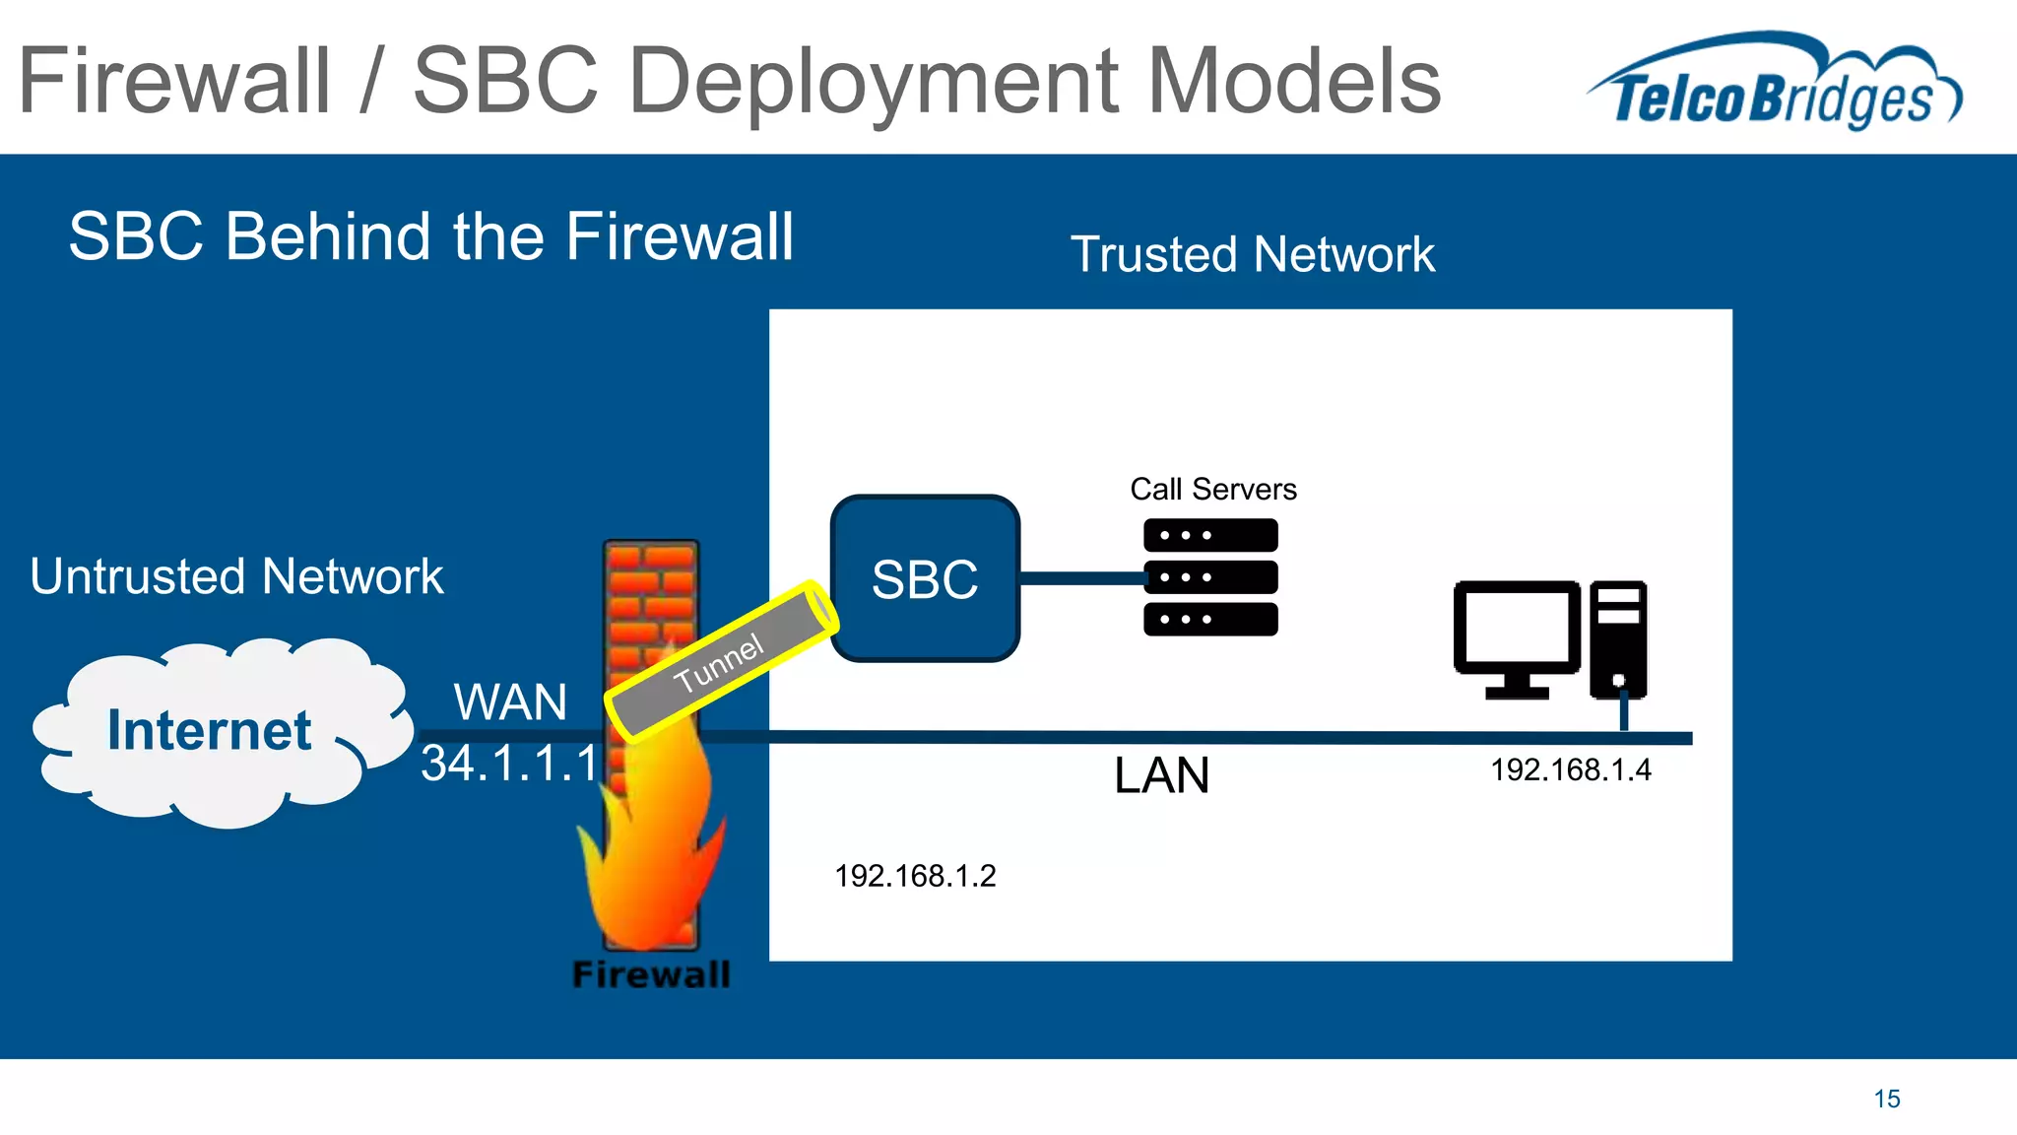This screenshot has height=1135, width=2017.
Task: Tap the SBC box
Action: (924, 578)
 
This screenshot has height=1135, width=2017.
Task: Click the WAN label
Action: (510, 702)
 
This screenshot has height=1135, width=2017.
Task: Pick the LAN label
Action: (1161, 775)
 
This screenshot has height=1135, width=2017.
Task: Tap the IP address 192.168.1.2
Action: (915, 876)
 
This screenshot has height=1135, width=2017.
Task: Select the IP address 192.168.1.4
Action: (1570, 769)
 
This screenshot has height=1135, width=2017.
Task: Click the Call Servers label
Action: (1212, 489)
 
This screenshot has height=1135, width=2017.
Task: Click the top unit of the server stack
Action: (1210, 535)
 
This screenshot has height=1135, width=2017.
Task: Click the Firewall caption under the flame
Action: (651, 974)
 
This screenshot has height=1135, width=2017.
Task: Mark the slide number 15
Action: (1886, 1099)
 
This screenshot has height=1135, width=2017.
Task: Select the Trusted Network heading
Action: (1252, 254)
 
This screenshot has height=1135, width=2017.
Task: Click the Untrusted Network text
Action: (236, 576)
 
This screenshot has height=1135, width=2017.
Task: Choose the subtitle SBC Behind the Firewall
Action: (430, 236)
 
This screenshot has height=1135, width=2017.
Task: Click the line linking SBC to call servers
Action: (1080, 578)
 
